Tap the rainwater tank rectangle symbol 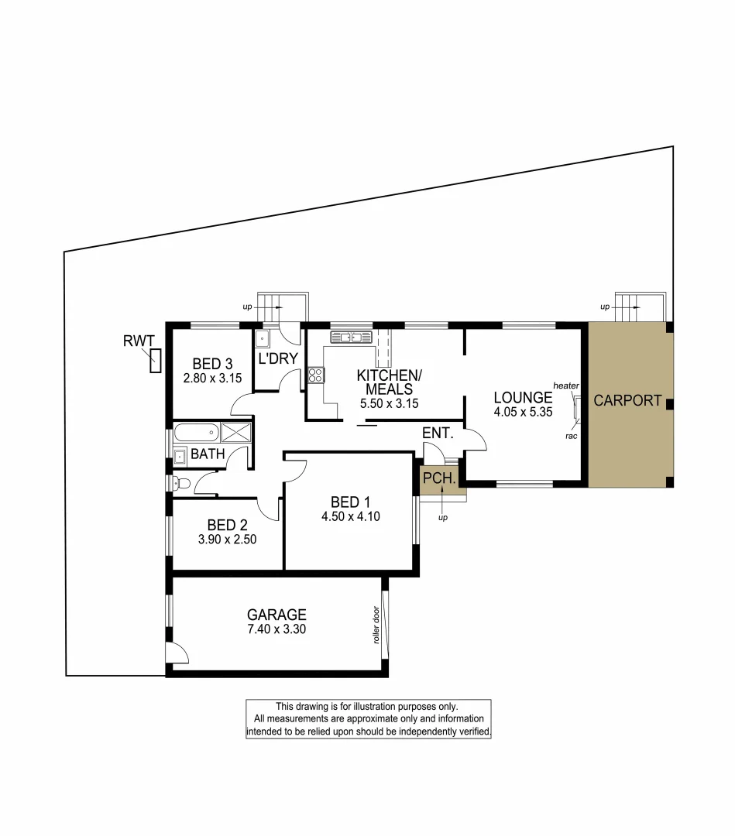[156, 361]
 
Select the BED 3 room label [213, 364]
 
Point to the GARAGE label [276, 615]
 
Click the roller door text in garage [375, 625]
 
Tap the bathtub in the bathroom [196, 432]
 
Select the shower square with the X [236, 433]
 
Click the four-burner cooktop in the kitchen [316, 375]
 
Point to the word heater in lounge [567, 385]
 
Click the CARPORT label [627, 401]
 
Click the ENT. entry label [437, 433]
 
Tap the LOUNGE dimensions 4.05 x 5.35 [523, 413]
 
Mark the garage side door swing [178, 654]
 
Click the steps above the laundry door [283, 306]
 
